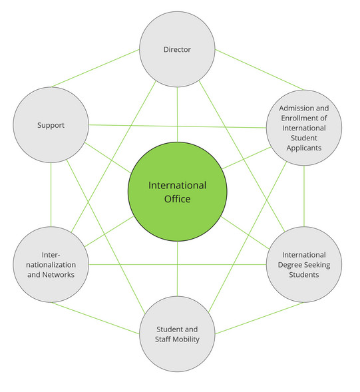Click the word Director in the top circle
click(x=177, y=49)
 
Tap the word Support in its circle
click(x=51, y=125)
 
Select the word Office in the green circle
click(x=177, y=199)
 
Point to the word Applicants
click(x=303, y=148)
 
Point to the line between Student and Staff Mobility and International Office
click(x=177, y=270)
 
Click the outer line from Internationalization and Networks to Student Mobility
click(x=97, y=316)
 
